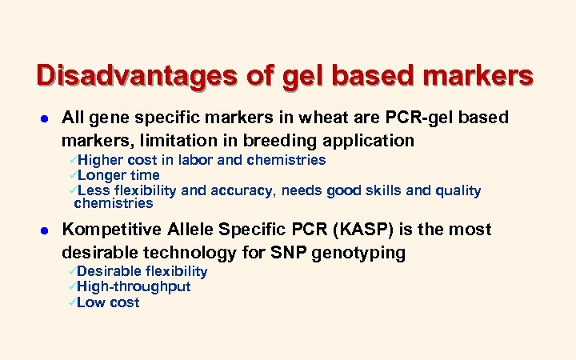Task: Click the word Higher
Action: pos(100,160)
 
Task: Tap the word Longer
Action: pos(103,175)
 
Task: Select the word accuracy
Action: pos(242,190)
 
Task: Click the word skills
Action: pos(396,190)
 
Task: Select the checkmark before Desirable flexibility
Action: pos(71,271)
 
